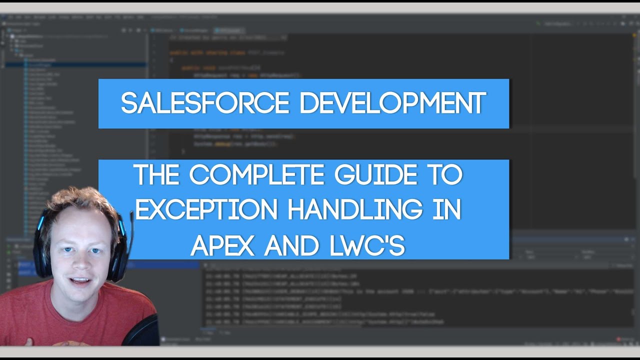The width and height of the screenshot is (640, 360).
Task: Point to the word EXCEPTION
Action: [206, 210]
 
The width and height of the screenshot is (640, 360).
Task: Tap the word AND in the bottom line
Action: [290, 245]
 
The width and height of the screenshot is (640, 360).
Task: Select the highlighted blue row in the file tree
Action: [75, 64]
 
